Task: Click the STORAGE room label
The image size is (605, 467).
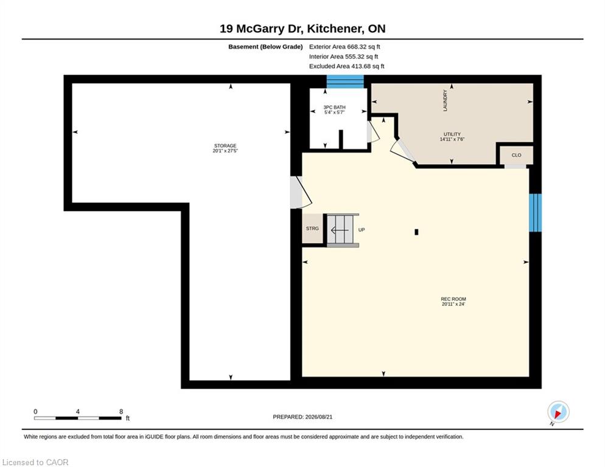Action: click(x=225, y=146)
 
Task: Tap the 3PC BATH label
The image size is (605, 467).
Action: click(x=334, y=107)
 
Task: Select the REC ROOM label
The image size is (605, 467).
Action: click(x=453, y=299)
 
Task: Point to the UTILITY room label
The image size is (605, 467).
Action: click(x=452, y=134)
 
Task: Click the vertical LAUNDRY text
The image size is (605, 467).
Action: click(x=445, y=101)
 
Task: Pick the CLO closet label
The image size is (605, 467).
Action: click(x=516, y=155)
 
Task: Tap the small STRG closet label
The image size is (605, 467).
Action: click(x=312, y=228)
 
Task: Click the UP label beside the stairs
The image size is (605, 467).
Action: click(x=362, y=229)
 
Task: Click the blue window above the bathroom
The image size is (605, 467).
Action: click(x=345, y=81)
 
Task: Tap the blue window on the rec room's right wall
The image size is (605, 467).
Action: click(x=535, y=212)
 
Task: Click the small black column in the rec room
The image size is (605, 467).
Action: click(x=416, y=232)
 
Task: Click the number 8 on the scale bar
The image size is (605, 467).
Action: click(x=121, y=412)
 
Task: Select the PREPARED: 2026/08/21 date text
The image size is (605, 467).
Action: click(x=302, y=417)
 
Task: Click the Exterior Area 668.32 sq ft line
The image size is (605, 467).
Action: click(x=344, y=47)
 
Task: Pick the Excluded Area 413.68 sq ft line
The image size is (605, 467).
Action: click(x=346, y=66)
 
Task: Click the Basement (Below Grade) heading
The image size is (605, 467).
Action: click(x=265, y=47)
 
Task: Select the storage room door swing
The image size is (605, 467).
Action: click(x=301, y=192)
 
